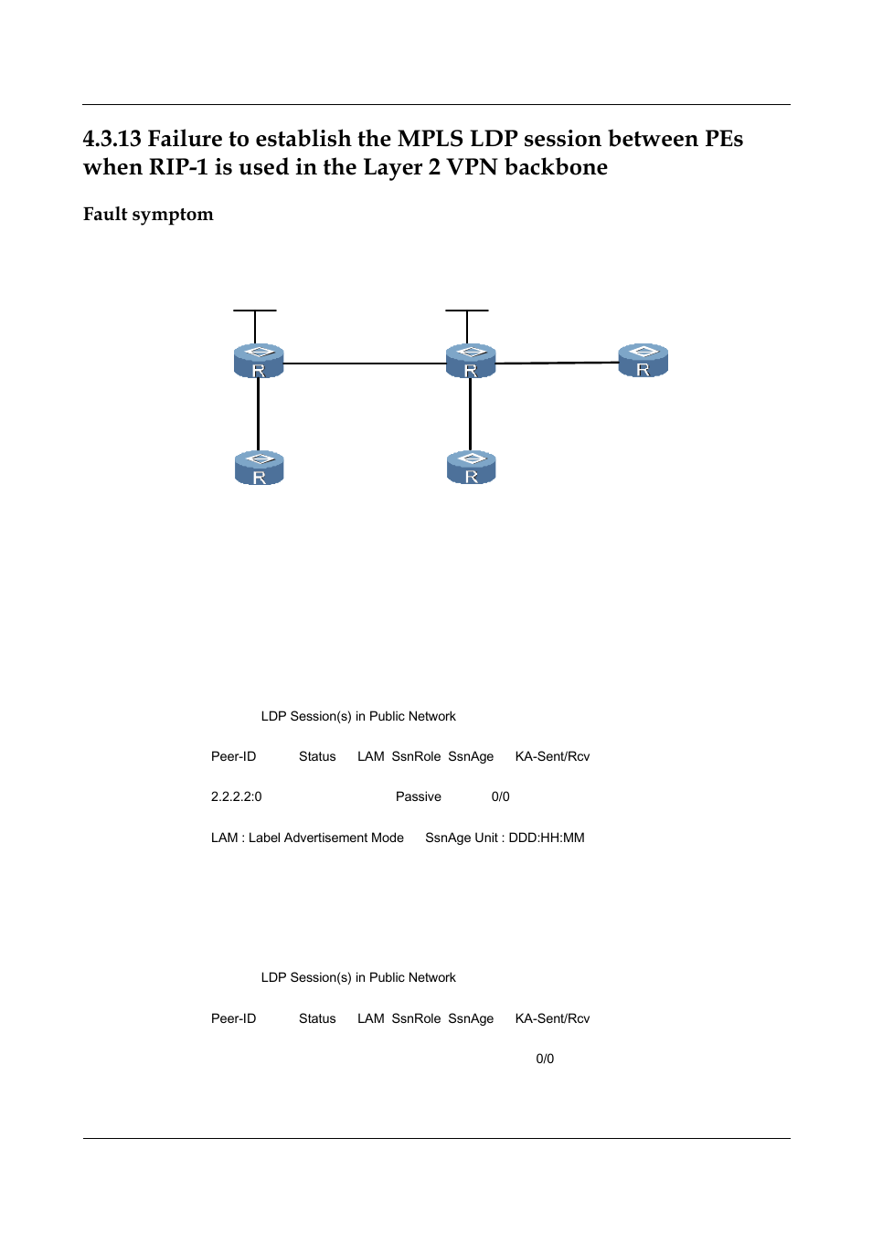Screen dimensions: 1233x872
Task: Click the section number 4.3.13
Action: [112, 139]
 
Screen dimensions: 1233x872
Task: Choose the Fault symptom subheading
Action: [148, 215]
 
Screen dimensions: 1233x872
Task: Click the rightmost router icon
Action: [643, 361]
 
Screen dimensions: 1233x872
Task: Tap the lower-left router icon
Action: [259, 468]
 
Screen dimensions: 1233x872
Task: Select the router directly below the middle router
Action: [471, 468]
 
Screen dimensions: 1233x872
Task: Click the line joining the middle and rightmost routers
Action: [556, 363]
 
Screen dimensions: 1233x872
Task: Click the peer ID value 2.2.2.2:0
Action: [236, 796]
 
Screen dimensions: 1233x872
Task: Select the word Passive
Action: [418, 796]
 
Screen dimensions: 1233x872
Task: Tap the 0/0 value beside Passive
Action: [500, 796]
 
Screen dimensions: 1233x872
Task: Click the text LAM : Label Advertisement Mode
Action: [307, 838]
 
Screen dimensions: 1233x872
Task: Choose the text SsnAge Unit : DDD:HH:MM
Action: [505, 838]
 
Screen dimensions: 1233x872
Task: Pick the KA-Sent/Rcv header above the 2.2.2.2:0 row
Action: [552, 756]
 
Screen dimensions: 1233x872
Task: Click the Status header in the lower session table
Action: [317, 1018]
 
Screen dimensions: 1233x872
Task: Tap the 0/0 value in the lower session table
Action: [545, 1059]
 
